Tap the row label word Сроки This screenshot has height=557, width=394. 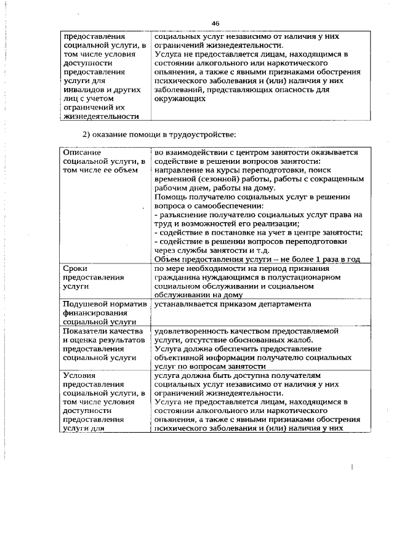tap(76, 269)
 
